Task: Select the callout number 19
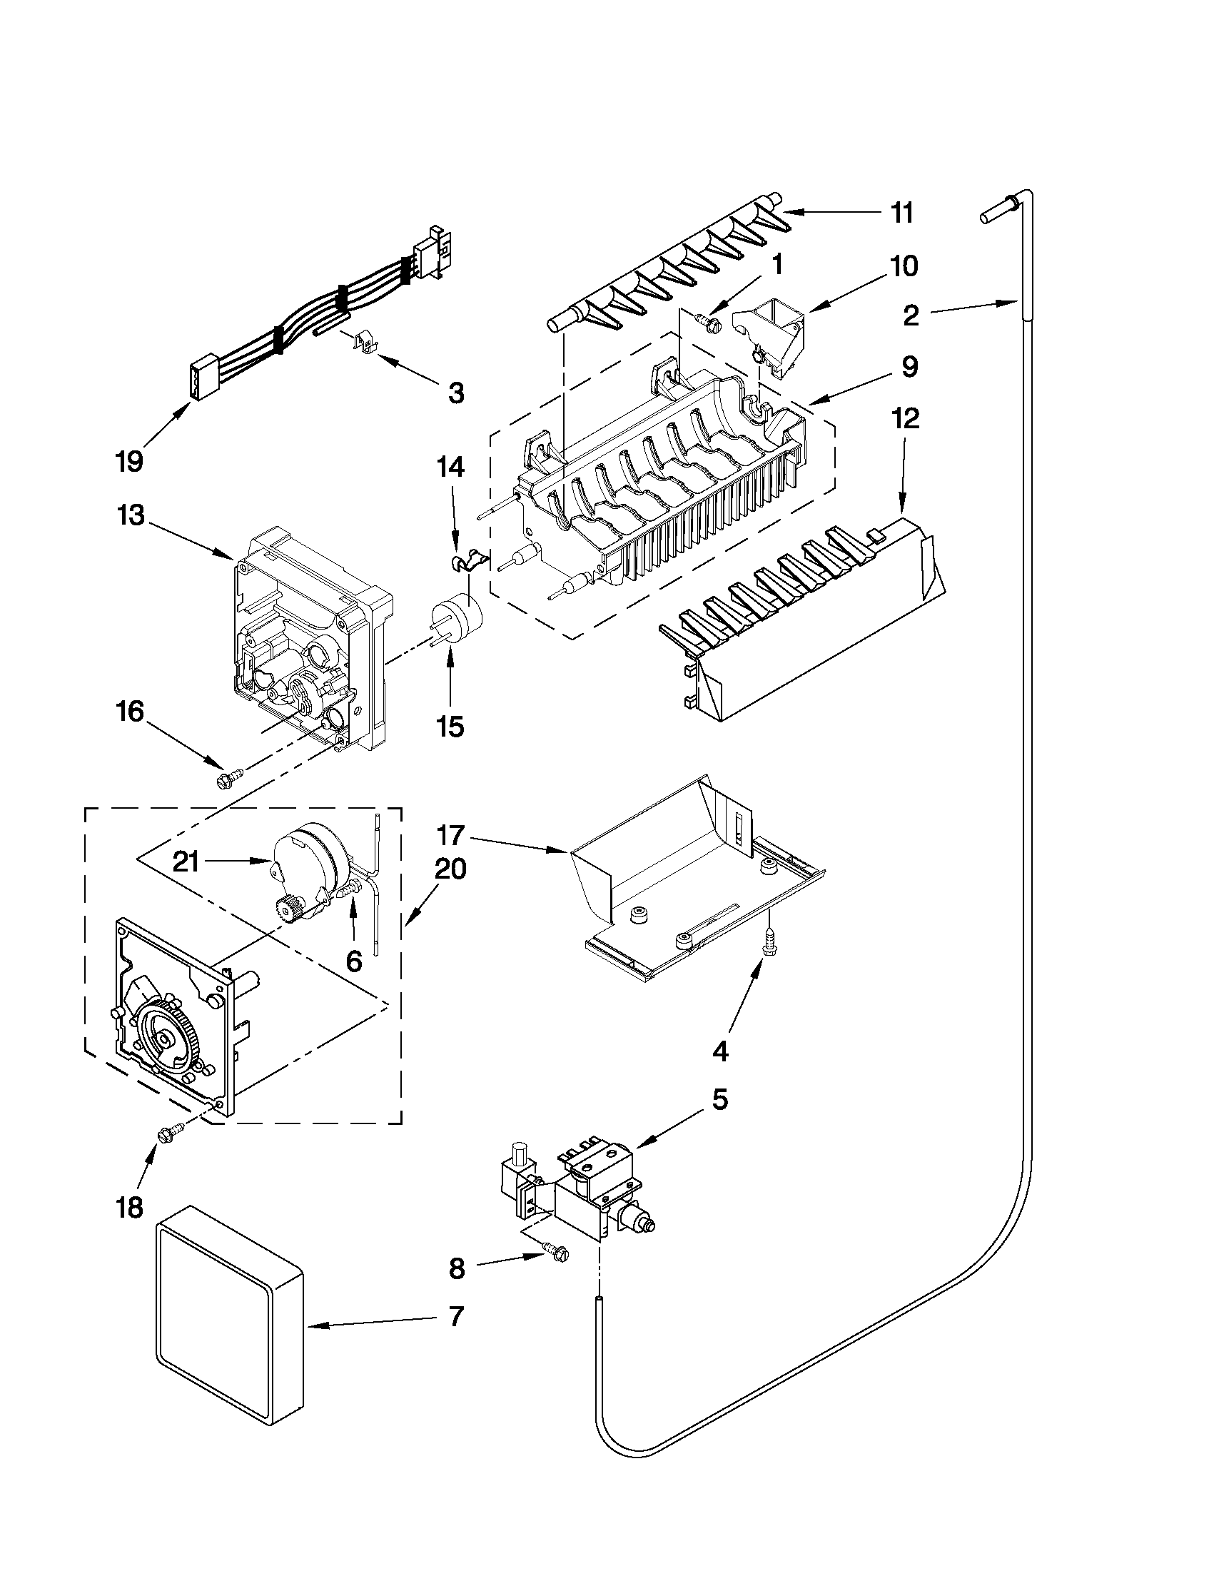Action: point(129,461)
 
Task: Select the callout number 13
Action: point(131,515)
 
